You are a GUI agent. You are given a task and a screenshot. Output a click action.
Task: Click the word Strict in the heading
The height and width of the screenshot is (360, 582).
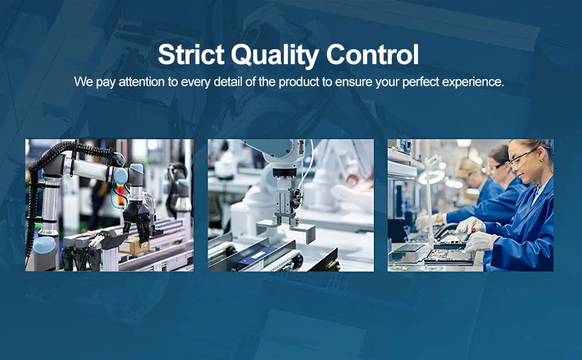tap(191, 54)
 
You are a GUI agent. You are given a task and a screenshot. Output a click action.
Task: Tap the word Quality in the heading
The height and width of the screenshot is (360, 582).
tap(275, 56)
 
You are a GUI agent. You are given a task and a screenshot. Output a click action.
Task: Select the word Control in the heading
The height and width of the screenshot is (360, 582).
tap(372, 55)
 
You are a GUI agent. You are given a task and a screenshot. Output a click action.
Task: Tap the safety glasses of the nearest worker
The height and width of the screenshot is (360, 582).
tap(522, 157)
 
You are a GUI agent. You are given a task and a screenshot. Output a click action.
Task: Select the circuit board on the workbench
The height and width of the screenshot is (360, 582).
tap(449, 256)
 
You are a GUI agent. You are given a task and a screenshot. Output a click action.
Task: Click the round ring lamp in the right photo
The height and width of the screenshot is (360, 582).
tap(431, 178)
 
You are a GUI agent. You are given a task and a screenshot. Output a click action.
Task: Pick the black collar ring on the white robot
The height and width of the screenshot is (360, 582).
tap(284, 172)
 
